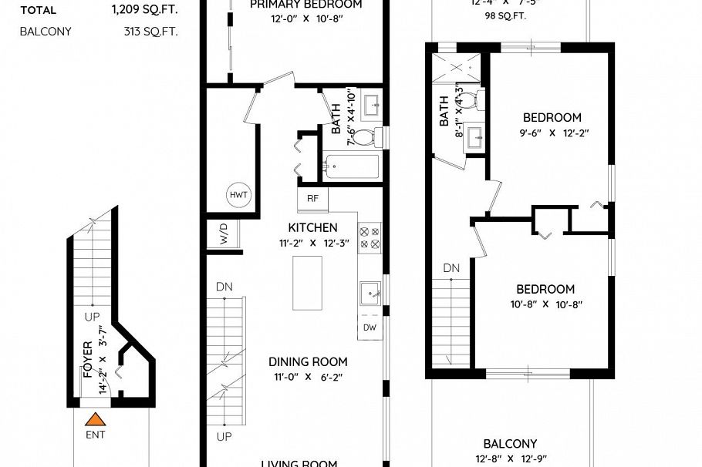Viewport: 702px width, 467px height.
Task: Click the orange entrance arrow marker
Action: tap(95, 420)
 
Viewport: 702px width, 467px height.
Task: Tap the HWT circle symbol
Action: tap(238, 195)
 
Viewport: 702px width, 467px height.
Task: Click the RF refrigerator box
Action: tap(312, 198)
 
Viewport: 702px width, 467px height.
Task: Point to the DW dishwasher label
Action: tap(370, 327)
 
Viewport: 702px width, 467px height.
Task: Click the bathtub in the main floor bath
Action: tap(352, 166)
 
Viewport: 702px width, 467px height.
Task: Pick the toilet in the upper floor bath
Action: tap(479, 99)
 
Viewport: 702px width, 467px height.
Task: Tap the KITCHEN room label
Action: tap(312, 227)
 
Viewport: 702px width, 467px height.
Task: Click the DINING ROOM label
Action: tap(308, 361)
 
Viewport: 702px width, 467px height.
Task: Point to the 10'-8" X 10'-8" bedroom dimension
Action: tap(545, 304)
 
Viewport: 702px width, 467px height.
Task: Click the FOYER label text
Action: tap(87, 360)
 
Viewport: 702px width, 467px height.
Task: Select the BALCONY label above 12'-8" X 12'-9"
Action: tap(510, 444)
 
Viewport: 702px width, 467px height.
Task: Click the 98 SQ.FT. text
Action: tap(505, 15)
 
